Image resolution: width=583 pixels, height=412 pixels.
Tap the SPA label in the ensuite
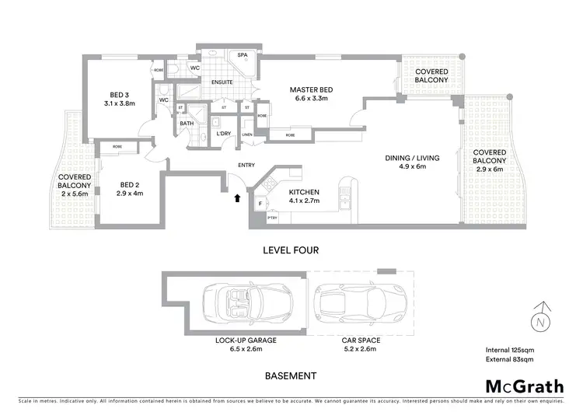242,55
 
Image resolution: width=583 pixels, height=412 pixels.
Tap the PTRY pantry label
271,218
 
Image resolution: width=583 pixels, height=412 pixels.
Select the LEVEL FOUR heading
291,250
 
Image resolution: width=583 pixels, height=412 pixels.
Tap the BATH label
187,123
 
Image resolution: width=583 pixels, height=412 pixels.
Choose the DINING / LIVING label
412,158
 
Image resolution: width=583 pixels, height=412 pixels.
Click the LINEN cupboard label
247,134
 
